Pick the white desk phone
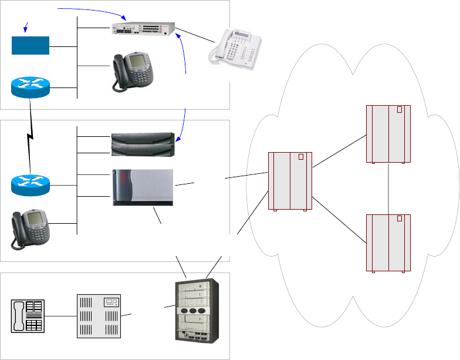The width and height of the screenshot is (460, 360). [236, 49]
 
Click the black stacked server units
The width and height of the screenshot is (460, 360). [143, 144]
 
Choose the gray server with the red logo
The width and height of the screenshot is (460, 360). [143, 187]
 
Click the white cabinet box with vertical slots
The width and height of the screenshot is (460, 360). [99, 317]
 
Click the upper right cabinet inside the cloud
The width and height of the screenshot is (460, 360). [388, 134]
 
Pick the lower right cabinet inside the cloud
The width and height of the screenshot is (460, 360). [388, 243]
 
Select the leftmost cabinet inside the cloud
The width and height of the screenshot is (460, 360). [290, 181]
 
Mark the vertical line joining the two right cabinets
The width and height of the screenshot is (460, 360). [388, 189]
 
